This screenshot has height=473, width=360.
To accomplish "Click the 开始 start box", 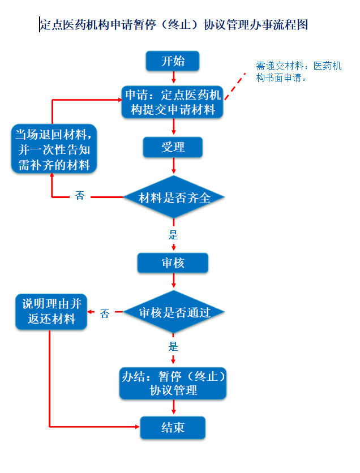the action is pos(173,61).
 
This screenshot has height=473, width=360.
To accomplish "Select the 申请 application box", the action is pos(172,102).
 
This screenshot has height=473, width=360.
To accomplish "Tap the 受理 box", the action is pos(173,147).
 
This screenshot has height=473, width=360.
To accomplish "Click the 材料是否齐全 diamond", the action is pos(174,197).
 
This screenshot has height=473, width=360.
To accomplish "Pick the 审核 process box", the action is pos(173,263).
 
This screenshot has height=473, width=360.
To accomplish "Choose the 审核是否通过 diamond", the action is pos(174,312).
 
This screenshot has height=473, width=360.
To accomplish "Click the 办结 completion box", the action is pos(173,384).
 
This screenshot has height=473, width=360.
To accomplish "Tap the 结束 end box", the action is pos(173,427).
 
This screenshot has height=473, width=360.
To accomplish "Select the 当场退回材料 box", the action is pos(54,149).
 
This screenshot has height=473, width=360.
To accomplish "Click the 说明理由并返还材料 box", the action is pos(52,312).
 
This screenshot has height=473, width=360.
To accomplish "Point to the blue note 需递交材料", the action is pos(298,72).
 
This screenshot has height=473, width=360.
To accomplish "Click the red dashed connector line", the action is pos(235,86).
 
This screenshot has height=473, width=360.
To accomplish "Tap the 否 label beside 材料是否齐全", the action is pos(80,196).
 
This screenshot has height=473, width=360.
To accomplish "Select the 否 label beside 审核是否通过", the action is pos(104,314).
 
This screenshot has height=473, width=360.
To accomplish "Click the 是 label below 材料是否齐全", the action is pos(173,235).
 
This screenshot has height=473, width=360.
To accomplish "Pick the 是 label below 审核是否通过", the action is pos(173,347).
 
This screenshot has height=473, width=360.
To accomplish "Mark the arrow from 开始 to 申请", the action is pos(174,77).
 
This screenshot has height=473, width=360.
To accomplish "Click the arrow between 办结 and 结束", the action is pos(174,407).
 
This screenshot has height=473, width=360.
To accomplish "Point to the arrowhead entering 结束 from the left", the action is pos(138,427).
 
